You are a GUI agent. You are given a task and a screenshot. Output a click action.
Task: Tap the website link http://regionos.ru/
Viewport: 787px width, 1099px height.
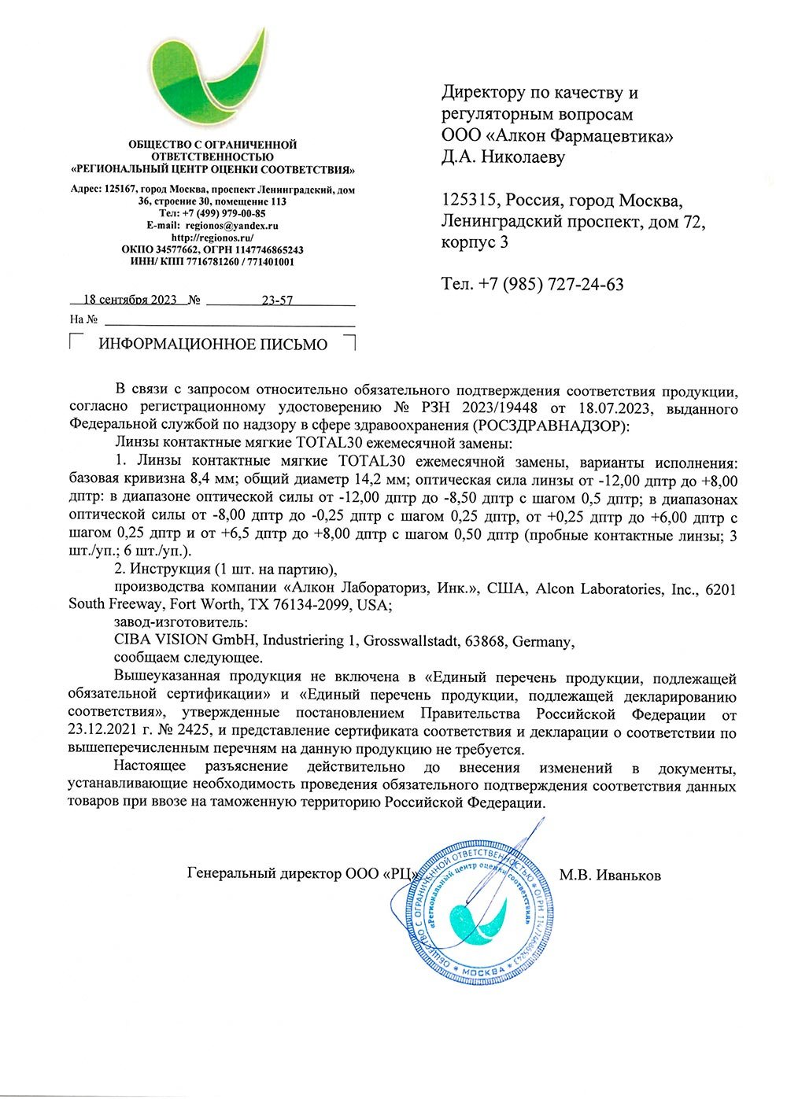coord(212,237)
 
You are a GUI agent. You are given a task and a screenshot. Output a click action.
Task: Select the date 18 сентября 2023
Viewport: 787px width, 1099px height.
coord(130,300)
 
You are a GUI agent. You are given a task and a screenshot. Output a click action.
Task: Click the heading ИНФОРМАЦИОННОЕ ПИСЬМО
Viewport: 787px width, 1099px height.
coord(212,345)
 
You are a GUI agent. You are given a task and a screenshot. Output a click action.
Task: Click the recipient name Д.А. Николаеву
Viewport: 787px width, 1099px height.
coord(503,157)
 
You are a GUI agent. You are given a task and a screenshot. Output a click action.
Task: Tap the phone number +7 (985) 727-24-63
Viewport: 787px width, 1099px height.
coord(551,284)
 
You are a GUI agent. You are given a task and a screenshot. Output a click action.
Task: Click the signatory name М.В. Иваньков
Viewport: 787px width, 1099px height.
coord(610,875)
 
